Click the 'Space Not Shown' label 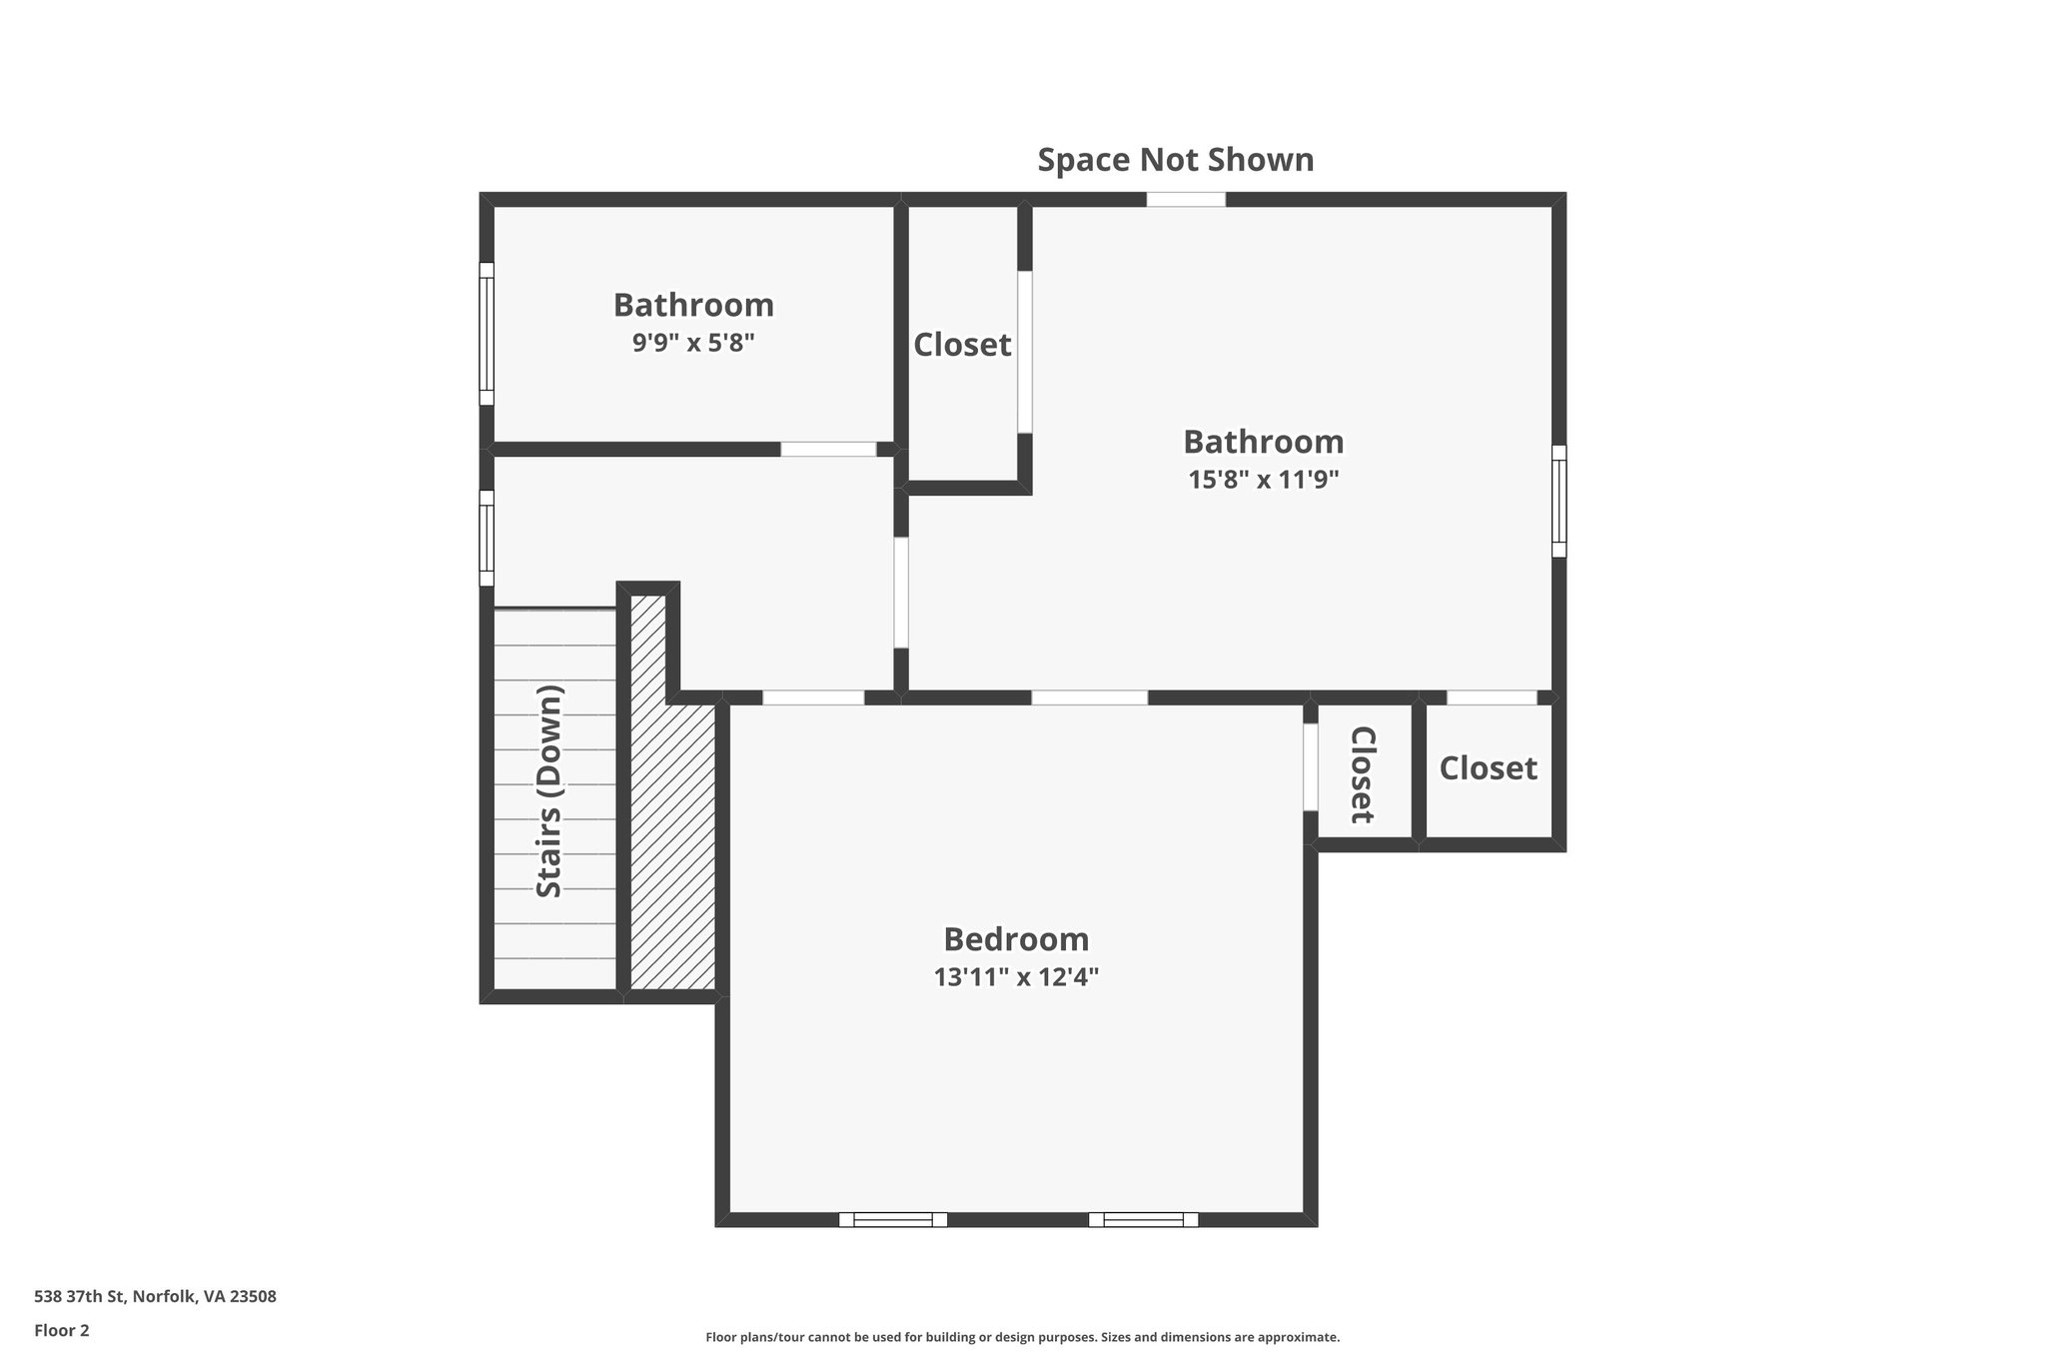[1175, 160]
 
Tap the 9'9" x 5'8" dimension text [692, 343]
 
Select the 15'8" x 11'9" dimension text [1263, 480]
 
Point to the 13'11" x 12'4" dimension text [1016, 977]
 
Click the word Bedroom [1016, 939]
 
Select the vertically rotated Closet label [1363, 774]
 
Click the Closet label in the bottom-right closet [1488, 767]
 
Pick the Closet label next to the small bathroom [962, 345]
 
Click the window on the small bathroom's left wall [487, 334]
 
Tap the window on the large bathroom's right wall [1558, 501]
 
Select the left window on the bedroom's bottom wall [892, 1219]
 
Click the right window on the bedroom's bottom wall [1143, 1219]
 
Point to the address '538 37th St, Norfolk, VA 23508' [155, 1296]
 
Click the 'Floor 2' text [62, 1330]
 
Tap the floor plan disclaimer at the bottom [1022, 1337]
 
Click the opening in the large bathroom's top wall [1185, 199]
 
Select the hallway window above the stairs [487, 538]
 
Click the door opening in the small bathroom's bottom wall [827, 449]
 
